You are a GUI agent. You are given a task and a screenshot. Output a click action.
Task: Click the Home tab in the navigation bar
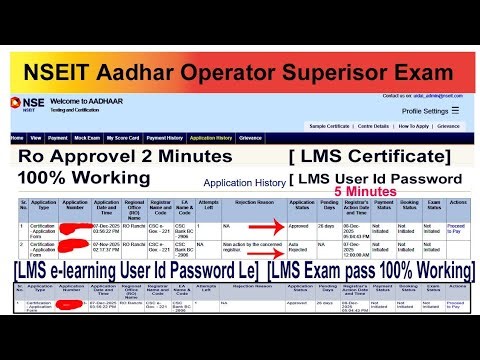[x=16, y=137]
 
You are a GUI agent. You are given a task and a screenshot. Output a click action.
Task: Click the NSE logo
[x=21, y=104]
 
